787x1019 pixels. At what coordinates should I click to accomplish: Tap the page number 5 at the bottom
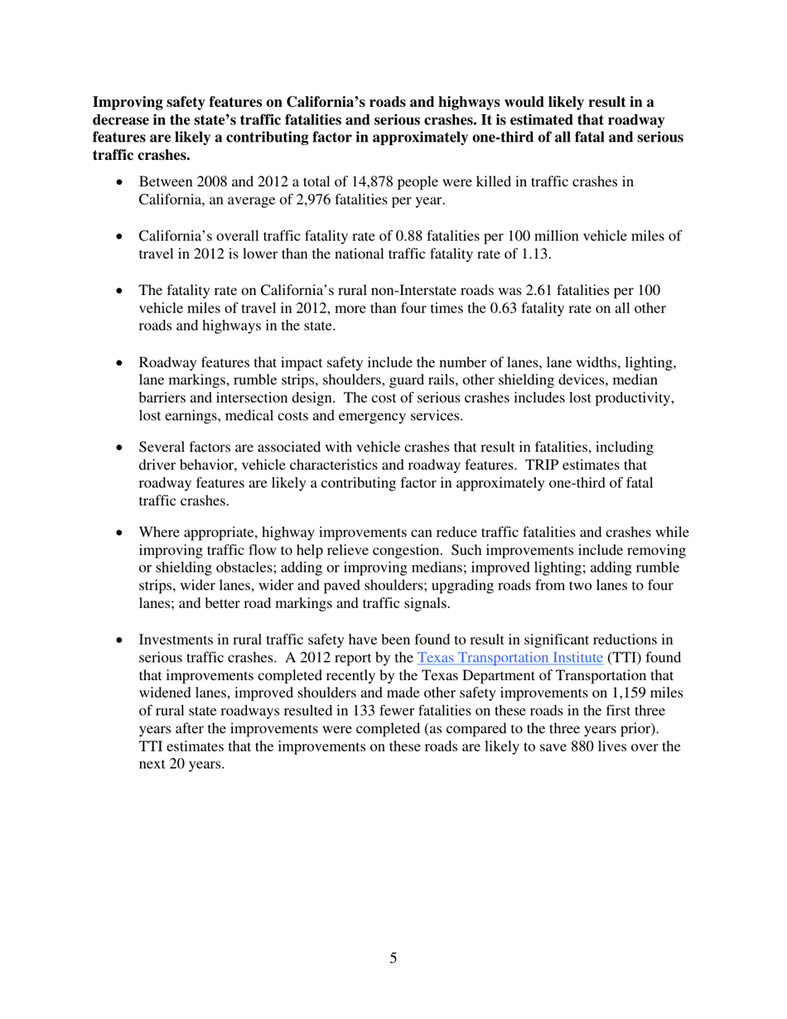[x=393, y=959]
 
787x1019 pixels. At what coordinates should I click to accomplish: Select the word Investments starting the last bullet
[x=176, y=640]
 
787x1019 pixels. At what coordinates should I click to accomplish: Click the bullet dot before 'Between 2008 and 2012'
[x=125, y=182]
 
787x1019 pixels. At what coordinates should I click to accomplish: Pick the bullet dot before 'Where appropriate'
[x=125, y=533]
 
